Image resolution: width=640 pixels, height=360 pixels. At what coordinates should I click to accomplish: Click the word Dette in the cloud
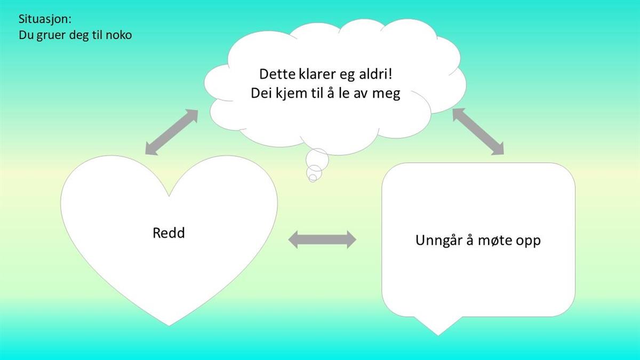[x=277, y=74]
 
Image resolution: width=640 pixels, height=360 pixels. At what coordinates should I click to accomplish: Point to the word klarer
[x=317, y=74]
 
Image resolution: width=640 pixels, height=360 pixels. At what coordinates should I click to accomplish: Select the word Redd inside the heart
[x=169, y=233]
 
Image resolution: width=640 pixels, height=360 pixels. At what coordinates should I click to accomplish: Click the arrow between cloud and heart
[x=172, y=132]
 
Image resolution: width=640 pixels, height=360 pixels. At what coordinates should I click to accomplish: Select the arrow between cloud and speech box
[x=478, y=131]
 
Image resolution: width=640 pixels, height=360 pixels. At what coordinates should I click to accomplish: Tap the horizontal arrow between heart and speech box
[x=322, y=239]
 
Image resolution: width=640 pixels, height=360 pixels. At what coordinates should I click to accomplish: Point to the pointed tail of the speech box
[x=438, y=335]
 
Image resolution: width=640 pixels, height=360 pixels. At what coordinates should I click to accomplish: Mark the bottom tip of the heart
[x=169, y=326]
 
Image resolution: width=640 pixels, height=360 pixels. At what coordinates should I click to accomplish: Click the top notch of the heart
[x=169, y=196]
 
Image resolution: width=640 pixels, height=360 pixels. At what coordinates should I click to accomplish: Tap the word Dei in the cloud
[x=261, y=93]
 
